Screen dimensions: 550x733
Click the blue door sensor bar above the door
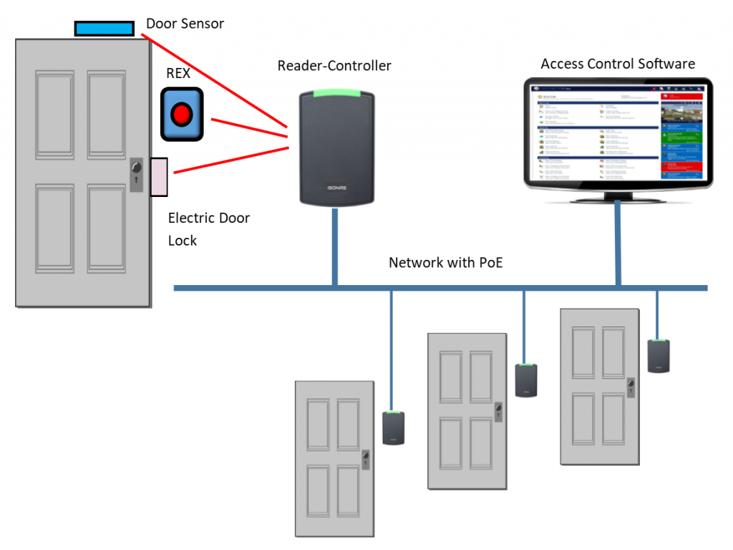pyautogui.click(x=104, y=28)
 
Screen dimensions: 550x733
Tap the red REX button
pyautogui.click(x=182, y=114)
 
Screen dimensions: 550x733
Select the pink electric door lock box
pyautogui.click(x=158, y=176)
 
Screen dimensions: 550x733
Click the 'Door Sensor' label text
pyautogui.click(x=185, y=24)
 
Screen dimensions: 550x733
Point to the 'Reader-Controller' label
pyautogui.click(x=334, y=66)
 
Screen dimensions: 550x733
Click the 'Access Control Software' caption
pyautogui.click(x=617, y=64)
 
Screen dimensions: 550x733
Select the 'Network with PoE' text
pyautogui.click(x=445, y=263)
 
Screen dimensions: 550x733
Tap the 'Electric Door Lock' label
pyautogui.click(x=208, y=228)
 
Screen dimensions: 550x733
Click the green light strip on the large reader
pyautogui.click(x=335, y=92)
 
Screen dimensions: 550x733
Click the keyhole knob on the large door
pyautogui.click(x=137, y=169)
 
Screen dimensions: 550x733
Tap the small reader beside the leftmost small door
pyautogui.click(x=393, y=428)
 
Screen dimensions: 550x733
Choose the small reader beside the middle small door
pyautogui.click(x=526, y=380)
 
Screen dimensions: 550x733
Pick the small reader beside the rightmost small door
pyautogui.click(x=659, y=356)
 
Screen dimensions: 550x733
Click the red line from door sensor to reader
pyautogui.click(x=215, y=78)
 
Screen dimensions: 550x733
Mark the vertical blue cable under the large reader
pyautogui.click(x=334, y=247)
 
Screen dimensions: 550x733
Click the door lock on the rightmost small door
pyautogui.click(x=630, y=387)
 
